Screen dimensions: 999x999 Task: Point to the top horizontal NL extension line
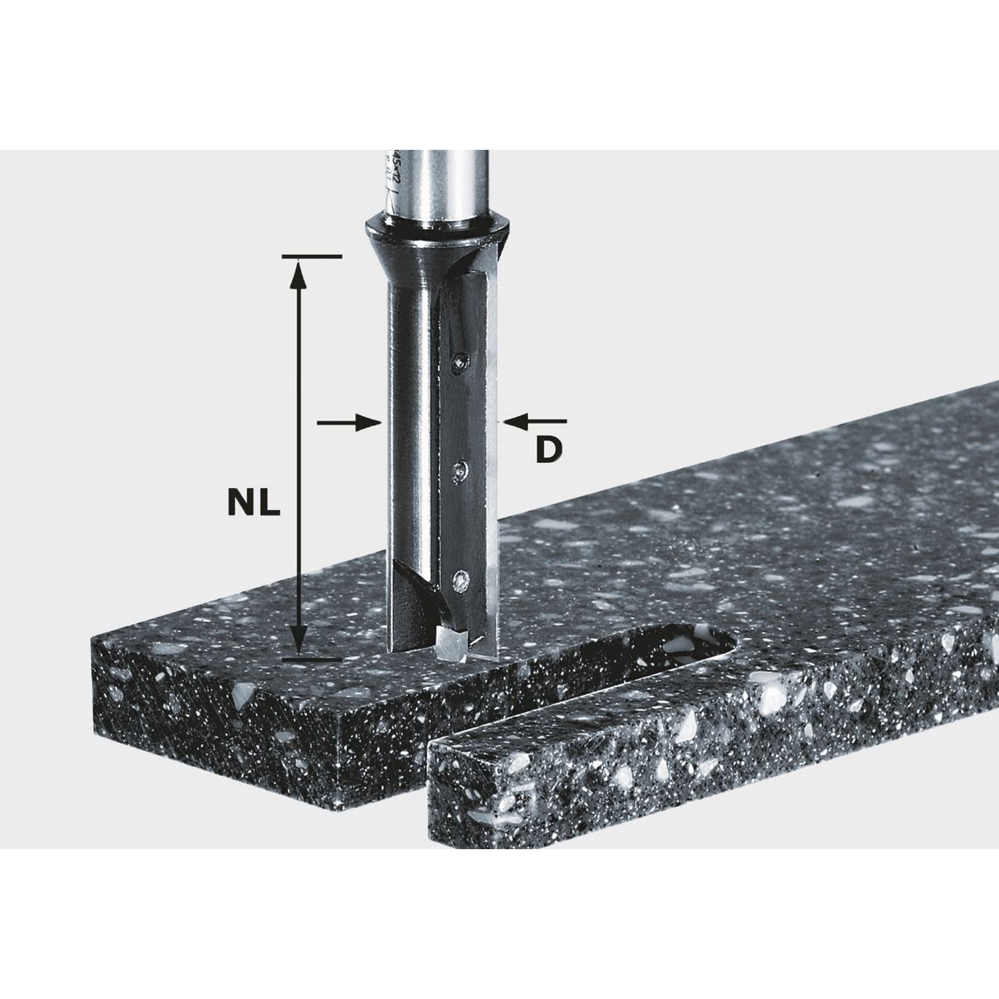click(x=311, y=257)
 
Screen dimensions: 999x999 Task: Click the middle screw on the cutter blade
click(x=458, y=470)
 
